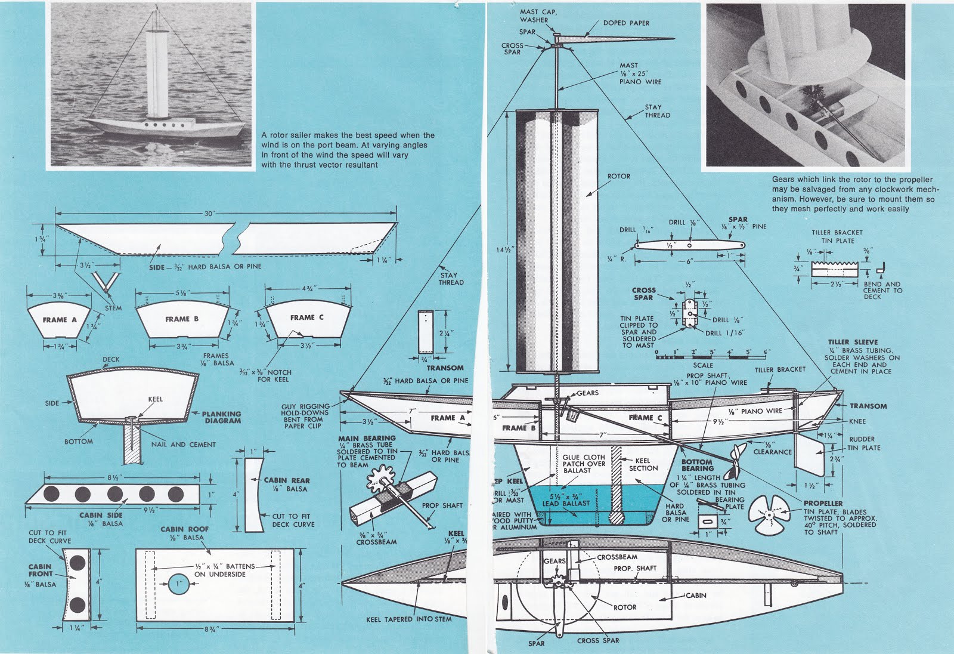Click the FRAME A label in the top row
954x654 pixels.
tap(60, 320)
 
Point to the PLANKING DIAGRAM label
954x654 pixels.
tap(221, 417)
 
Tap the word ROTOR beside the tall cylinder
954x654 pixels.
tap(618, 177)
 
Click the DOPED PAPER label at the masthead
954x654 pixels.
tap(626, 23)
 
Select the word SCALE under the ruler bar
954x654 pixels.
tap(703, 365)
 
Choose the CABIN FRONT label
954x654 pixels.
tap(40, 570)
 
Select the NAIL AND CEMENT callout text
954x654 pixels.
tap(184, 445)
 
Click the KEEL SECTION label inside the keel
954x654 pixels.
tap(643, 464)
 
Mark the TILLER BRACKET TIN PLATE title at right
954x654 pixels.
tap(837, 236)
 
